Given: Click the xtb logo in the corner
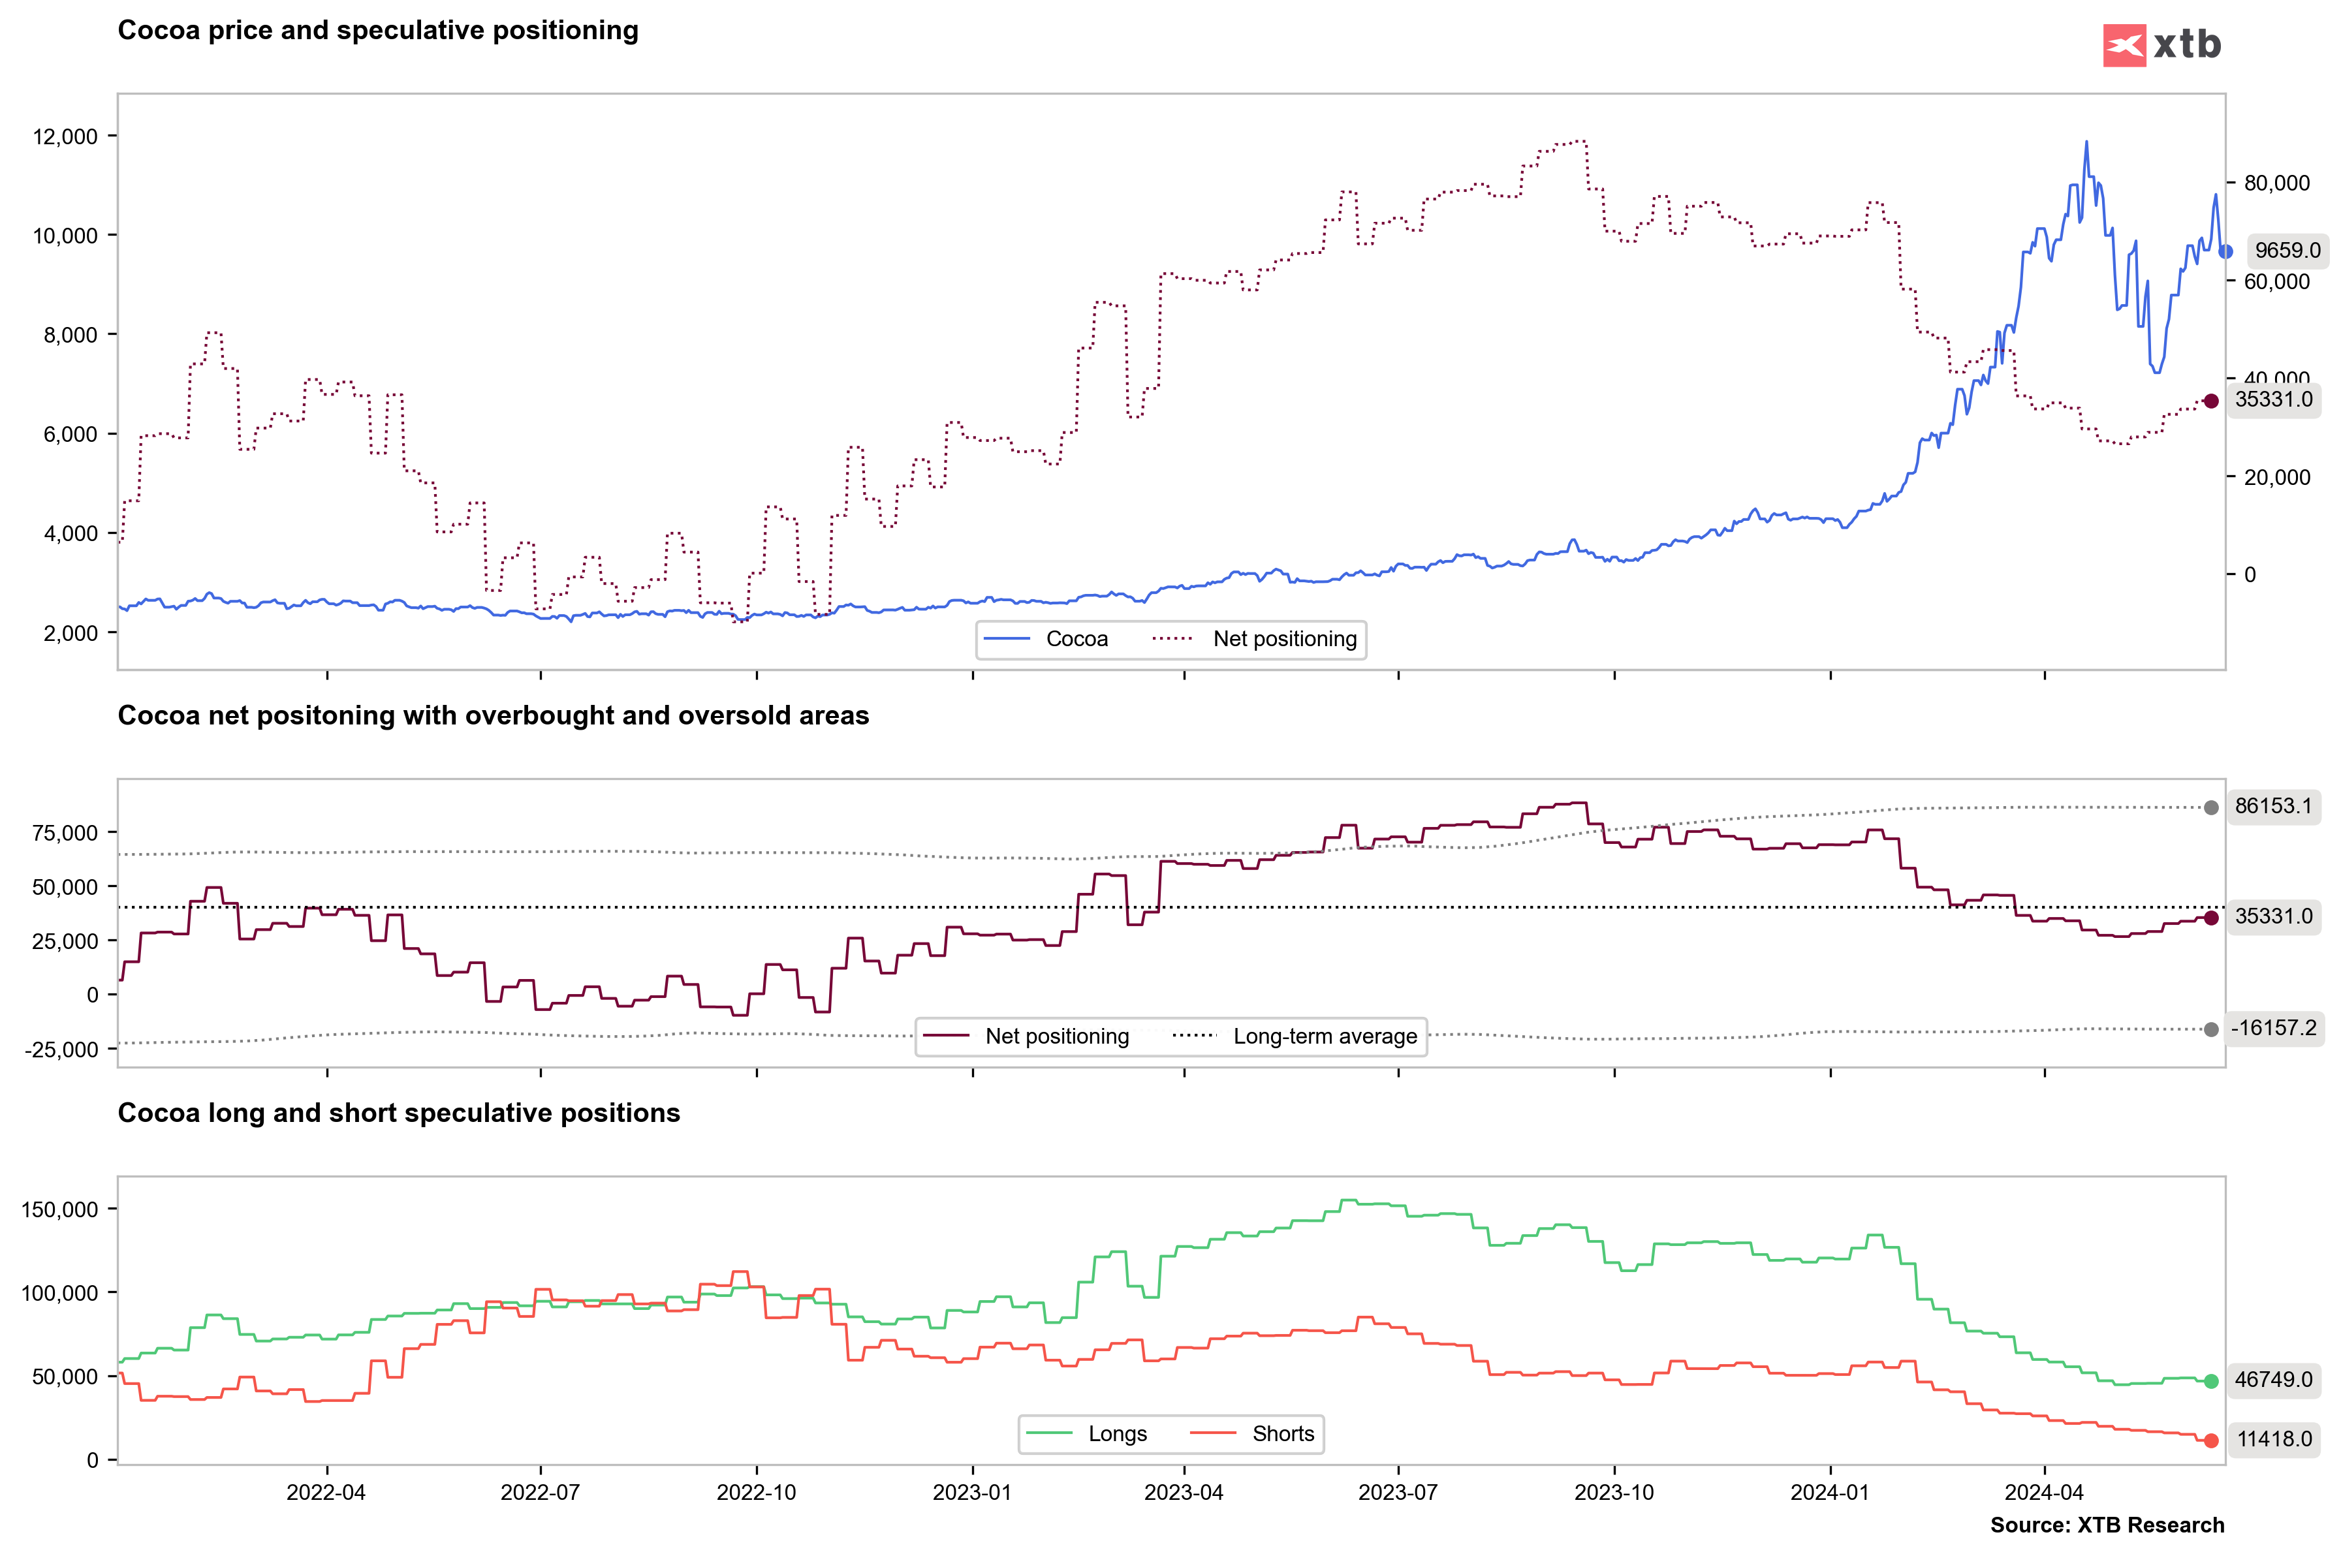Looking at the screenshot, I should [x=2161, y=44].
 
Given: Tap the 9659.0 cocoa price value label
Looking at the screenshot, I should [x=2286, y=250].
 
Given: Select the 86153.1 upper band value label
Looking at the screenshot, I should [x=2272, y=806].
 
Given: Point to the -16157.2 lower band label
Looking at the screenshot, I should [x=2272, y=1028].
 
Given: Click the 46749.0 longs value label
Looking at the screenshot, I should [x=2272, y=1379].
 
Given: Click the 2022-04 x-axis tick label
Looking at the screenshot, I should [x=326, y=1493].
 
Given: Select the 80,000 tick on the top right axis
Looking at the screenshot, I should [x=2276, y=183].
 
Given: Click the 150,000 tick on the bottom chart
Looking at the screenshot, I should [x=59, y=1209].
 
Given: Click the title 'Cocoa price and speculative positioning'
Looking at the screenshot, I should [x=378, y=31].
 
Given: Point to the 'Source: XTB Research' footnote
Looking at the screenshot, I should [x=2107, y=1525].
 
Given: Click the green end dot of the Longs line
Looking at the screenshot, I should [x=2211, y=1381].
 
